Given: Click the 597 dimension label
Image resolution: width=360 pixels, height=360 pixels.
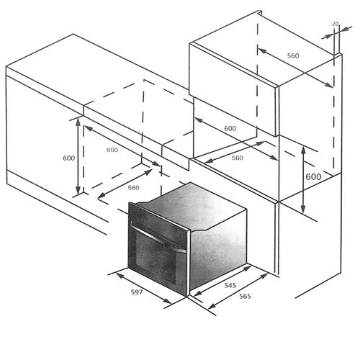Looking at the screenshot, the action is (137, 292).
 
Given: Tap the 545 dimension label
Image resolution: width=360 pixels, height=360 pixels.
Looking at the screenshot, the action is (230, 285).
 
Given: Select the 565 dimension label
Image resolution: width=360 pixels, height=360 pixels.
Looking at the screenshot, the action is (245, 297).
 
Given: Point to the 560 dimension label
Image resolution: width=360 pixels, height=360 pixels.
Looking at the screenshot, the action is (293, 55).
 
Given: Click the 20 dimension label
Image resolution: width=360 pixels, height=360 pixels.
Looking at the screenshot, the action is (336, 24).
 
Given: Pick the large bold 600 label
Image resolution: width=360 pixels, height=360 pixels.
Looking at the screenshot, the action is (313, 177).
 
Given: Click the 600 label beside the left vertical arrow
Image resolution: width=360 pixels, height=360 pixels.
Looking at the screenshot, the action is (68, 158).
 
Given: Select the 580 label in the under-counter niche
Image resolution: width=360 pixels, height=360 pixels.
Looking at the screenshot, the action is (133, 188).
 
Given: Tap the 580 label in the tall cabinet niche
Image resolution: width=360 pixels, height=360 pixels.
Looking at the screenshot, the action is (237, 158).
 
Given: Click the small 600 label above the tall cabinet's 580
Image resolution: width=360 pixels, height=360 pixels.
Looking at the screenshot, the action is (230, 129).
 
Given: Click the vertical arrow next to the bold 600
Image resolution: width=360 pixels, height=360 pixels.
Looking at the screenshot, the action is (303, 180).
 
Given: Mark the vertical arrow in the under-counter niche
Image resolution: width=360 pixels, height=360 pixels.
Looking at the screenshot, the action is (78, 156).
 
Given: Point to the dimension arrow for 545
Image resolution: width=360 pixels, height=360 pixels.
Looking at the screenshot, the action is (222, 281).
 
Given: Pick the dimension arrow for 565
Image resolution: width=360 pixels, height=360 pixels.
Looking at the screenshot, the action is (238, 291).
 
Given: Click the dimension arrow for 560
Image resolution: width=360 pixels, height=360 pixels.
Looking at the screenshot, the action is (295, 68).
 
